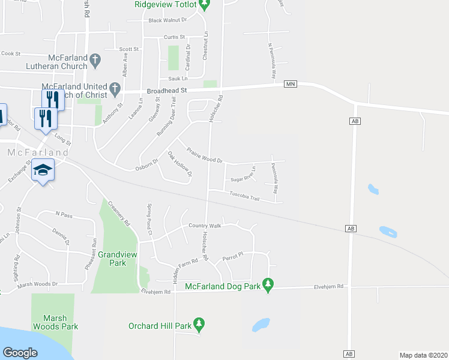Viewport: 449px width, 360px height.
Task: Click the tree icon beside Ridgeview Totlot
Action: (205, 5)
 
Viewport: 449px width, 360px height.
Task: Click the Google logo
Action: (20, 353)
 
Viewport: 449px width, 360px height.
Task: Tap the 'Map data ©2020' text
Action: (424, 355)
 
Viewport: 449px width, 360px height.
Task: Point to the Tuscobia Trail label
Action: (245, 196)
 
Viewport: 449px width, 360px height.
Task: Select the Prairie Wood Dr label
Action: (204, 155)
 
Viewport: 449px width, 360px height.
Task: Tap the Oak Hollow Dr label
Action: (179, 165)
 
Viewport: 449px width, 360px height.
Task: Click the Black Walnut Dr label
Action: (167, 20)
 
